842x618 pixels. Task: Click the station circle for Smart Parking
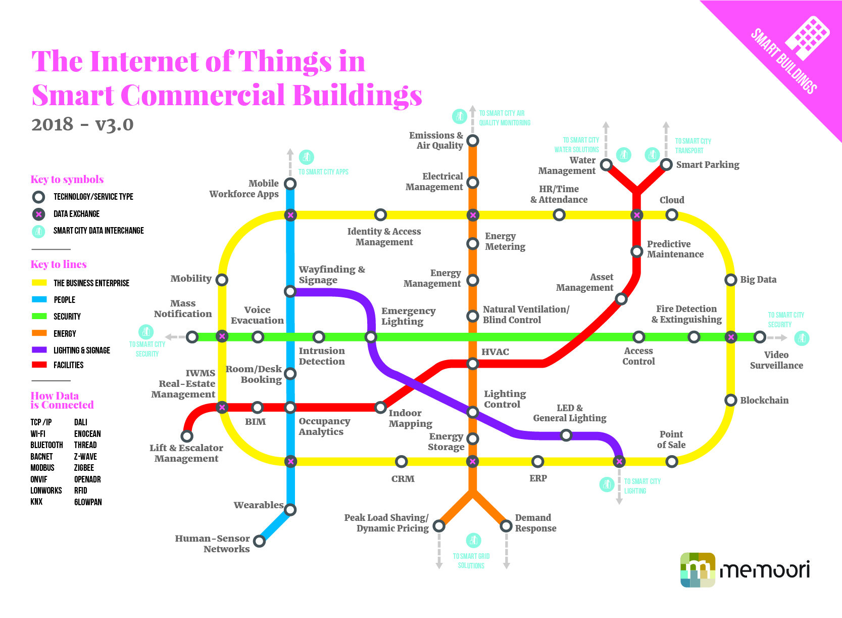point(666,164)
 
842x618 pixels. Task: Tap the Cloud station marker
point(671,215)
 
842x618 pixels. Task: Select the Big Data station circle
point(730,280)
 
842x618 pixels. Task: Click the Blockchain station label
point(764,401)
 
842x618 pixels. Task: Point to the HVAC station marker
point(472,363)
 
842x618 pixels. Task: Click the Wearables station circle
point(290,509)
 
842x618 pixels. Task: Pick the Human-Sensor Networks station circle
point(259,541)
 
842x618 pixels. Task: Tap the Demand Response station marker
point(506,526)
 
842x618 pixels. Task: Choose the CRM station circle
point(401,461)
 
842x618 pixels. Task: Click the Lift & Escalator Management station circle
point(187,436)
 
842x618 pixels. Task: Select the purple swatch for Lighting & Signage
point(39,350)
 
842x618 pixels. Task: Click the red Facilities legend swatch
point(39,365)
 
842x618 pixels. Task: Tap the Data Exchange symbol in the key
point(38,214)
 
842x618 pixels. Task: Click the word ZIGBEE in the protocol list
point(84,468)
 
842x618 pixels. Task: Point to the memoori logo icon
point(698,570)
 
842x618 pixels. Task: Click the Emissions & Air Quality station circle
point(472,141)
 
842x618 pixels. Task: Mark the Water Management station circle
point(606,165)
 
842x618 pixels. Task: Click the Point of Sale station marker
point(671,461)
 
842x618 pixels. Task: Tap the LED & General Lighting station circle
point(566,435)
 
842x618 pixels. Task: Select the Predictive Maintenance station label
point(675,249)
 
